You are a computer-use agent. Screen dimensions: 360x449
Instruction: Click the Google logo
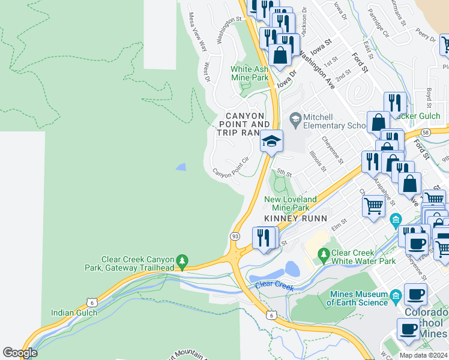pyautogui.click(x=20, y=353)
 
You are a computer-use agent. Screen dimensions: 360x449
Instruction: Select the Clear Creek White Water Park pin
pyautogui.click(x=324, y=254)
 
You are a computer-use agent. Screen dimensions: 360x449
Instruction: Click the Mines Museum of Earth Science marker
pyautogui.click(x=395, y=296)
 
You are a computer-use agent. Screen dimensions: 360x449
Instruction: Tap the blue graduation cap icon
pyautogui.click(x=271, y=142)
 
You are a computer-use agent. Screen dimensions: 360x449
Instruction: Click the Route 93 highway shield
pyautogui.click(x=235, y=236)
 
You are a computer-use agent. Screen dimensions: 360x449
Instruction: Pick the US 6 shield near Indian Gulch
pyautogui.click(x=91, y=303)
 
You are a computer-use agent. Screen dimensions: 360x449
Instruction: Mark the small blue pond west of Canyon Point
pyautogui.click(x=180, y=167)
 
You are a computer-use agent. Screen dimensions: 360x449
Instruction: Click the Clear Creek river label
pyautogui.click(x=274, y=286)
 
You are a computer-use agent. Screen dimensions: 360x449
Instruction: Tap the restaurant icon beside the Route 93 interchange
pyautogui.click(x=263, y=238)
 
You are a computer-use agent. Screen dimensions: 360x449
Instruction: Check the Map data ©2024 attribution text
pyautogui.click(x=423, y=355)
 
